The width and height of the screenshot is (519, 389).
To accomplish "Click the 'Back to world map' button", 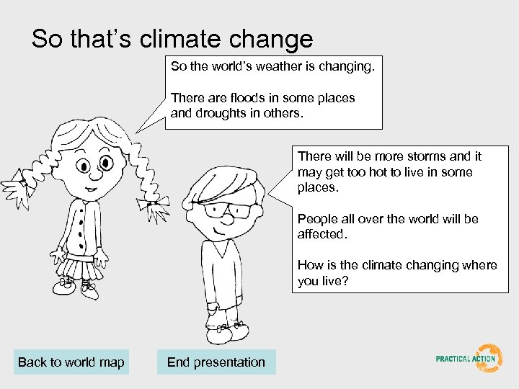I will point(71,362).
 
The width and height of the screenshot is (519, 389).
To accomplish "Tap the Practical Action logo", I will point(469,358).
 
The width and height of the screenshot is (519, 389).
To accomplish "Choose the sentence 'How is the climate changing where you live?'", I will point(397,272).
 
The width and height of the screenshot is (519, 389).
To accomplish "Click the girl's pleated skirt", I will point(79,267).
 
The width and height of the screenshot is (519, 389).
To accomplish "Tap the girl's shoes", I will point(76,288).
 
